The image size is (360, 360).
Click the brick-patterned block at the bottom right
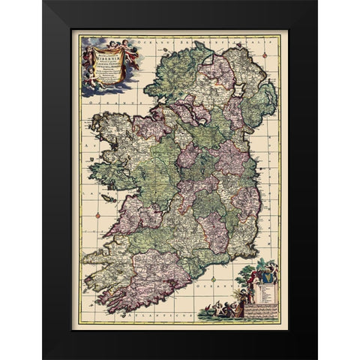point(263,314)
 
